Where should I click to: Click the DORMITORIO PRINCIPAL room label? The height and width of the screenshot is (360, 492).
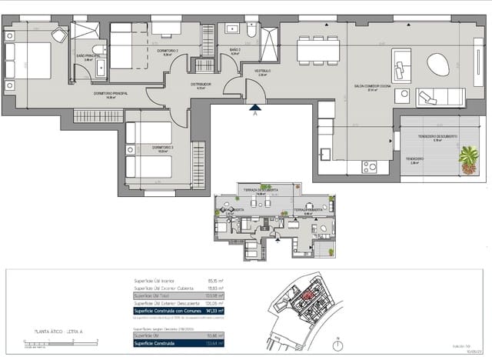(x=111, y=94)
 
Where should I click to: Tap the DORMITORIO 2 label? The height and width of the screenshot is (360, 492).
(x=168, y=51)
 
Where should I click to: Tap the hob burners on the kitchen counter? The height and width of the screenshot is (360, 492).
(x=369, y=166)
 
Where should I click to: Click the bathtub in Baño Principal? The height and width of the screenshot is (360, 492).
(x=101, y=69)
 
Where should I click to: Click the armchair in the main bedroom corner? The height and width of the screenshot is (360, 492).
(x=60, y=35)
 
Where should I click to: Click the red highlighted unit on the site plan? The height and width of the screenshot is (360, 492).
(x=307, y=295)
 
